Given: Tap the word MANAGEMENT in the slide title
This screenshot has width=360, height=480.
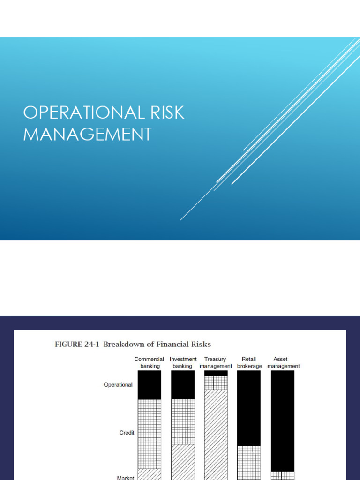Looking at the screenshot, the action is pyautogui.click(x=88, y=134).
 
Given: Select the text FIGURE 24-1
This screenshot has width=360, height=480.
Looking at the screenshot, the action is pyautogui.click(x=77, y=345).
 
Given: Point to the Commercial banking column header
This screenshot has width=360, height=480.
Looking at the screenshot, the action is pyautogui.click(x=150, y=362).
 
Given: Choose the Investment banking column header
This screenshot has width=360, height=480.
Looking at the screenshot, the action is pyautogui.click(x=183, y=362).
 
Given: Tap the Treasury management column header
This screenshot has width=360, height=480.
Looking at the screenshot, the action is pyautogui.click(x=216, y=362).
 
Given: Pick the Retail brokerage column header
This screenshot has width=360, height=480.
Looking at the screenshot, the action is pyautogui.click(x=249, y=362).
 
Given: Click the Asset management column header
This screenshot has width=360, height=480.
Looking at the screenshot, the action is pyautogui.click(x=283, y=362).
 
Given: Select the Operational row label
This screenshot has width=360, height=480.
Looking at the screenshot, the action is pyautogui.click(x=118, y=385).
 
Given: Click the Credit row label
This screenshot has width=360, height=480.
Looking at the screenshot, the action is pyautogui.click(x=127, y=433).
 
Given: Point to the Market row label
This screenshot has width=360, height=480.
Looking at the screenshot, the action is pyautogui.click(x=126, y=478).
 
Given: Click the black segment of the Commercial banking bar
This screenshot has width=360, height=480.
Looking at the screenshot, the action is pyautogui.click(x=150, y=385).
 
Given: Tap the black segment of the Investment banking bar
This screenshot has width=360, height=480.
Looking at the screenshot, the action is pyautogui.click(x=183, y=385).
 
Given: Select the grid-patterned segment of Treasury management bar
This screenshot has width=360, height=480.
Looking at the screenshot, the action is pyautogui.click(x=216, y=382).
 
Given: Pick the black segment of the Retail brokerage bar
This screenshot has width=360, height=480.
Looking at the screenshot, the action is pyautogui.click(x=249, y=408).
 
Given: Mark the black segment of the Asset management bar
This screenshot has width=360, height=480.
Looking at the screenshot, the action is pyautogui.click(x=283, y=421).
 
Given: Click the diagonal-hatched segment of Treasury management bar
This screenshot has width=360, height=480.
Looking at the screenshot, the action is pyautogui.click(x=216, y=435).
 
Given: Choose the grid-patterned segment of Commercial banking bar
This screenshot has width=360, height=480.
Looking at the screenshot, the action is pyautogui.click(x=150, y=434).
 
